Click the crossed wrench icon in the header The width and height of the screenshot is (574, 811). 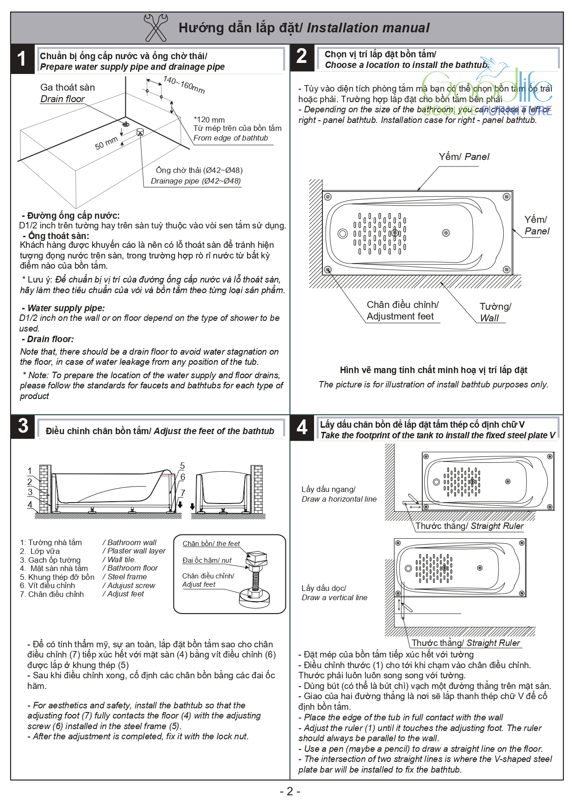(155, 28)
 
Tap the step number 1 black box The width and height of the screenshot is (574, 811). (22, 59)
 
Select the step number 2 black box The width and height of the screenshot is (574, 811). (302, 56)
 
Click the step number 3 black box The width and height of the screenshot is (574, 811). (23, 426)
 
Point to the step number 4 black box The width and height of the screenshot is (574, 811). (302, 427)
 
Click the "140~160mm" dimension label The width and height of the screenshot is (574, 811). (184, 85)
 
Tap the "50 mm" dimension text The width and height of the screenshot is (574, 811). (106, 143)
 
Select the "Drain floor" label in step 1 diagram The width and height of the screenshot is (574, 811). (62, 99)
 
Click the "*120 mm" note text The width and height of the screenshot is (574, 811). (209, 119)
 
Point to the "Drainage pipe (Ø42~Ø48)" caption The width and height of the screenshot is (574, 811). (196, 181)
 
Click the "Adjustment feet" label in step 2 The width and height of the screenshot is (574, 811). (400, 316)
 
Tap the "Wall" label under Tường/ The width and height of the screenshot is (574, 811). (489, 318)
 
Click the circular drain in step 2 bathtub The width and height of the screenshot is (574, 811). (343, 233)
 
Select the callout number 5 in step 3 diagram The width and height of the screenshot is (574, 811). (182, 466)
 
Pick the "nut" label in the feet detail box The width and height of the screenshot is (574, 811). (226, 560)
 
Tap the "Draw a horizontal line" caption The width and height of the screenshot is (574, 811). (339, 499)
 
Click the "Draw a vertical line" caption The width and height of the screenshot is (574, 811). (334, 597)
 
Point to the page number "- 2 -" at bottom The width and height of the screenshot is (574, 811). (290, 791)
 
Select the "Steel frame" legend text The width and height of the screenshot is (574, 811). (127, 577)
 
